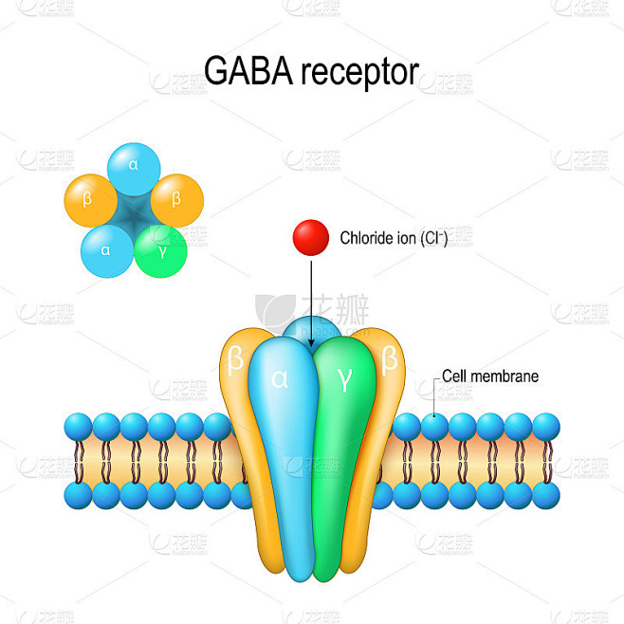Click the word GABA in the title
coord(248,71)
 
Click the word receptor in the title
coord(359,73)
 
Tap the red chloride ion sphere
coord(311,238)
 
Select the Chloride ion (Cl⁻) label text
coord(394,238)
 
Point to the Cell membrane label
coord(490,376)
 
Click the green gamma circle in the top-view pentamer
coord(161,251)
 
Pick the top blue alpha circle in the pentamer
coord(134,169)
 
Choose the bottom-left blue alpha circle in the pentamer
coord(107,251)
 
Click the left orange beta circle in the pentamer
coord(91,201)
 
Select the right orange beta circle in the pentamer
coord(177,201)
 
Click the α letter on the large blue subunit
coord(280,378)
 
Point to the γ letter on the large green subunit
coord(344,380)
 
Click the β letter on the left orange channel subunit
coord(235,359)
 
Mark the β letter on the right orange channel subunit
coord(389,359)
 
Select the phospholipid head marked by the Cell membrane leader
coord(434,427)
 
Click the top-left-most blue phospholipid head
coord(79,427)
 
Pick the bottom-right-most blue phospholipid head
coord(546,495)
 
